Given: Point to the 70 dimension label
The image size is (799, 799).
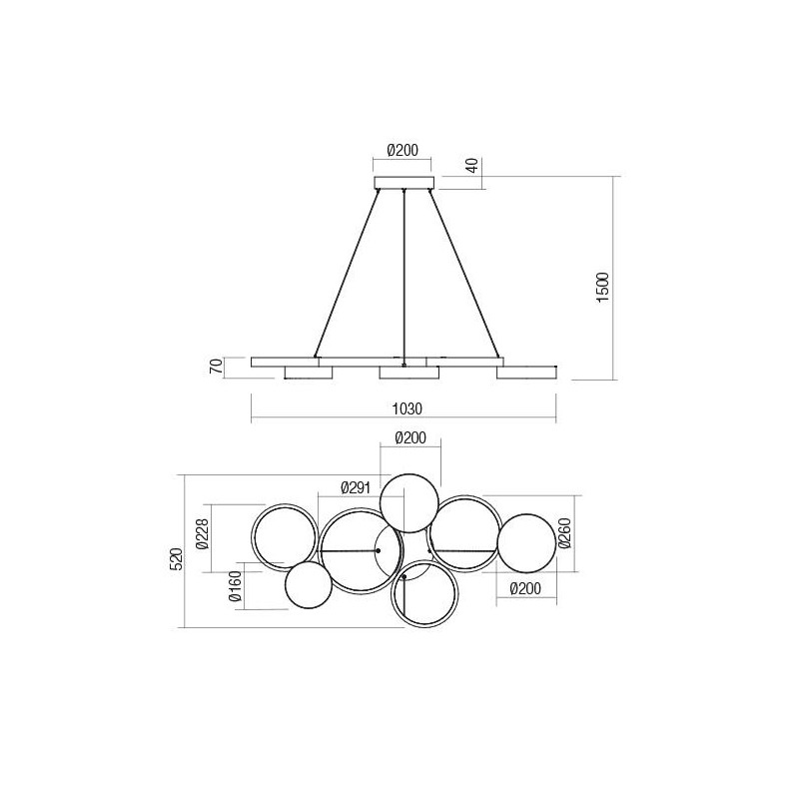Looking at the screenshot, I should click(x=214, y=368).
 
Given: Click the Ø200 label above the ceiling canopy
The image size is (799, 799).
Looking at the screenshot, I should click(x=402, y=152).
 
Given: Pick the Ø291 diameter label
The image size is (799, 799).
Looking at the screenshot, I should click(x=357, y=487).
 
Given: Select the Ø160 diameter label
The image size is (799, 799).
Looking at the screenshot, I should click(x=237, y=591).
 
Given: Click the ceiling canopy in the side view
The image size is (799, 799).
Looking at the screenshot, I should click(x=403, y=183).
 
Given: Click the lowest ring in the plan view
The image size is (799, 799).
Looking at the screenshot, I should click(x=424, y=595).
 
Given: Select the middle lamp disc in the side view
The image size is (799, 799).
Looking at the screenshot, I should click(x=408, y=372).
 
